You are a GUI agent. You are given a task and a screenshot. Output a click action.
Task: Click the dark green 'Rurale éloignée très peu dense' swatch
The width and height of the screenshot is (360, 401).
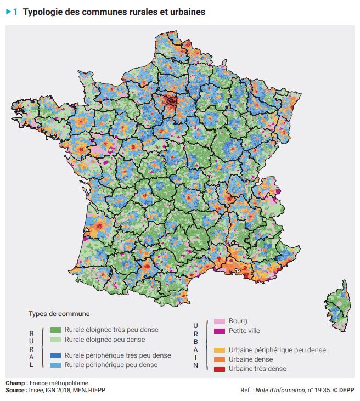pyautogui.click(x=55, y=330)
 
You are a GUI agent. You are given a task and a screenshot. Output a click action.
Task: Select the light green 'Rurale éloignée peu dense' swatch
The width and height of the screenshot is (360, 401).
pyautogui.click(x=55, y=339)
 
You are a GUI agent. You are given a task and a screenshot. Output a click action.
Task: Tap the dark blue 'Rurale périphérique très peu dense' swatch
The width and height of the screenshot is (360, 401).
pyautogui.click(x=55, y=355)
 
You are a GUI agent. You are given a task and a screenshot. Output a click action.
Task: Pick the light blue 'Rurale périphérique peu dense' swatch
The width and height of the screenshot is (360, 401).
pyautogui.click(x=55, y=364)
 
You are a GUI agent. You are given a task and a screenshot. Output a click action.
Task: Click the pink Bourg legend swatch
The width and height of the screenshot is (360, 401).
pyautogui.click(x=219, y=321)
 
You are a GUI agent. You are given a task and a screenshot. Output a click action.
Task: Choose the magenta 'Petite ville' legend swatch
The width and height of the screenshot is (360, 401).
pyautogui.click(x=219, y=331)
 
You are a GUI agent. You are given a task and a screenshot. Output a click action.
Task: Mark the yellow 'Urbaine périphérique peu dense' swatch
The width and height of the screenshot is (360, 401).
pyautogui.click(x=219, y=350)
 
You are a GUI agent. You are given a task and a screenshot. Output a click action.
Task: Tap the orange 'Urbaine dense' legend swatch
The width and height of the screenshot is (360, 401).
pyautogui.click(x=219, y=359)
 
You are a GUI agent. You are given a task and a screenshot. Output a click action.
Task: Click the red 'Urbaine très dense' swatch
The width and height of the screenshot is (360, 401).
pyautogui.click(x=219, y=369)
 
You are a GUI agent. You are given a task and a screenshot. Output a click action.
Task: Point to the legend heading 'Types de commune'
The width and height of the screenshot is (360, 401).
pyautogui.click(x=59, y=314)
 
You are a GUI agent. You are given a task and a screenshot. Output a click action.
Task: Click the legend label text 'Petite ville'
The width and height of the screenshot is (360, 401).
pyautogui.click(x=244, y=331)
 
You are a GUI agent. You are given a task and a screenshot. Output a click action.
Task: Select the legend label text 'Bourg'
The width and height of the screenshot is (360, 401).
pyautogui.click(x=238, y=321)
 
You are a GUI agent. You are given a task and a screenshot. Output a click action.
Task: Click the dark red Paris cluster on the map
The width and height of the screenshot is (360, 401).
pyautogui.click(x=172, y=101)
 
